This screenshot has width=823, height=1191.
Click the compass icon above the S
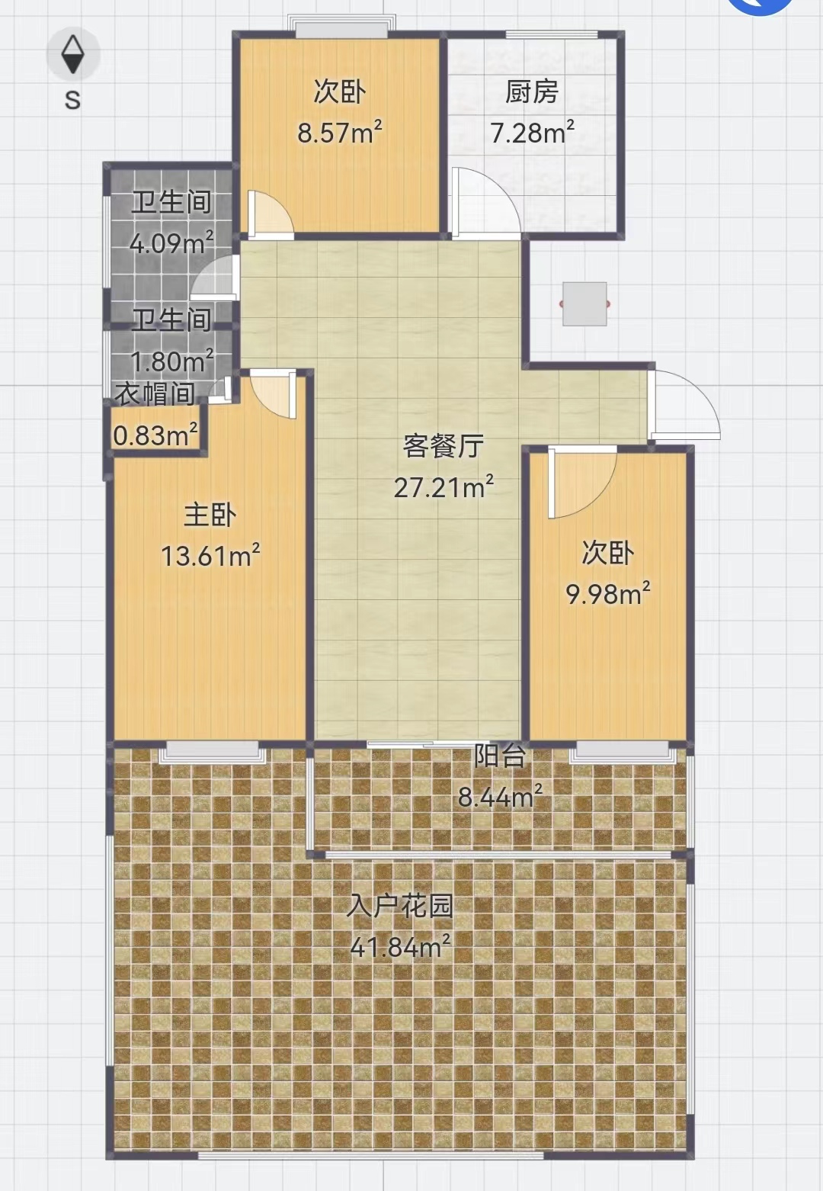(73, 54)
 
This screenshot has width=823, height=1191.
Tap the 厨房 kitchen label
(531, 91)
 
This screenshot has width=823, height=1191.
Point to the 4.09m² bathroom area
(171, 243)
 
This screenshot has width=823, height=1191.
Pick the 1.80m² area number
(171, 360)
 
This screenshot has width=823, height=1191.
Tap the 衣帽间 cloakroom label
(155, 394)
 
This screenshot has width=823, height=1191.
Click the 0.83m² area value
(155, 435)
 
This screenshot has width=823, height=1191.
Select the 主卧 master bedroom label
(210, 515)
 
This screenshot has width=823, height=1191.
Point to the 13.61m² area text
(210, 555)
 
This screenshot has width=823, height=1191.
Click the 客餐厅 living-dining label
(443, 445)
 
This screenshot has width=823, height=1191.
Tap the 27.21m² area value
(444, 486)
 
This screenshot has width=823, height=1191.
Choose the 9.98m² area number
(608, 593)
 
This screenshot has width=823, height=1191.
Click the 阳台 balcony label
(500, 756)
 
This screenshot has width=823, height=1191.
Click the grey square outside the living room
(584, 303)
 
